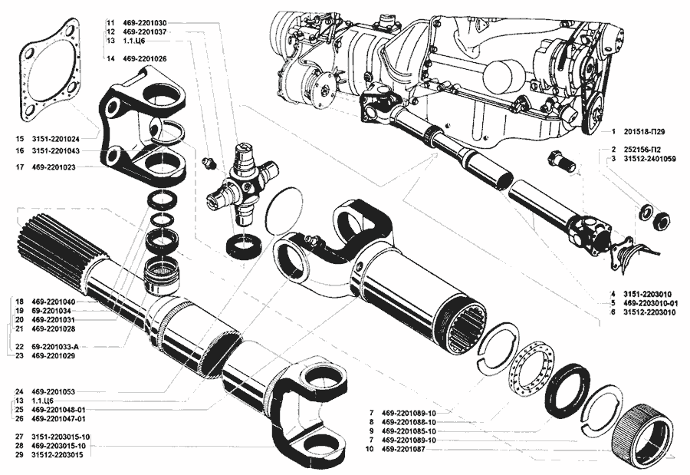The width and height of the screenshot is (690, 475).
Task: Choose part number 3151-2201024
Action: (x=55, y=140)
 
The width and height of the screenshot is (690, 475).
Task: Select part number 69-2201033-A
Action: (x=56, y=347)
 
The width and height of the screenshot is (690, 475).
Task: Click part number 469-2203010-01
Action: (x=647, y=303)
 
